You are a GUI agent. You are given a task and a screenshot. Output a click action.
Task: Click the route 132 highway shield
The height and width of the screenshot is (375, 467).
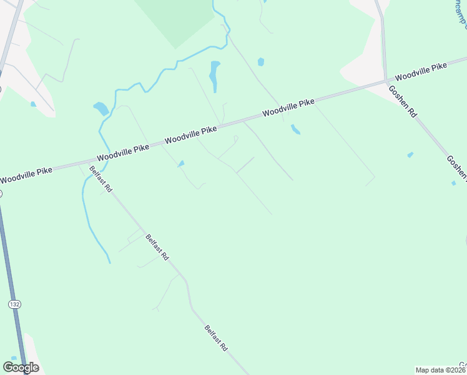coord(14,304)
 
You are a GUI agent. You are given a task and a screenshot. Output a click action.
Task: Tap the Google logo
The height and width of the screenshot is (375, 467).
coord(21,367)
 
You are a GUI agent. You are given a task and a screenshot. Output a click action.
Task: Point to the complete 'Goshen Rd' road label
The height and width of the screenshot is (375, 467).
coord(402,102)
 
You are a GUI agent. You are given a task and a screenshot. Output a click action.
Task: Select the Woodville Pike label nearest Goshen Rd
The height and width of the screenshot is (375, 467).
coord(421,71)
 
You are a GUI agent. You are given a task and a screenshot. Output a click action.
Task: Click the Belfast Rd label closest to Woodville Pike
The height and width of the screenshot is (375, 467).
coord(100,179)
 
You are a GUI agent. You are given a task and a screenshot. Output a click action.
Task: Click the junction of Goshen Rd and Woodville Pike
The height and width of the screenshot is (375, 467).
coord(386,81)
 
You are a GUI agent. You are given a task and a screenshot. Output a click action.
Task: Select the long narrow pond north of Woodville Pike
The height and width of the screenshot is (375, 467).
coord(215,76)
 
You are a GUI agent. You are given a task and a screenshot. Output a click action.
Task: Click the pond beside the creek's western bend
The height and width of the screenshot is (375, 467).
coord(101,109)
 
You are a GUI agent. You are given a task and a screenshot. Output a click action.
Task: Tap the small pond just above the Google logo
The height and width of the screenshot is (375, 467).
coord(14,358)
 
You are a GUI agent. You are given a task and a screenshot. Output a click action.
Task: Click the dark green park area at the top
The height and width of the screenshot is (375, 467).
coord(175,19)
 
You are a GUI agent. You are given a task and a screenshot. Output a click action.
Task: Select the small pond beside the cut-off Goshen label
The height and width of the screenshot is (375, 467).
coord(453,183)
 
